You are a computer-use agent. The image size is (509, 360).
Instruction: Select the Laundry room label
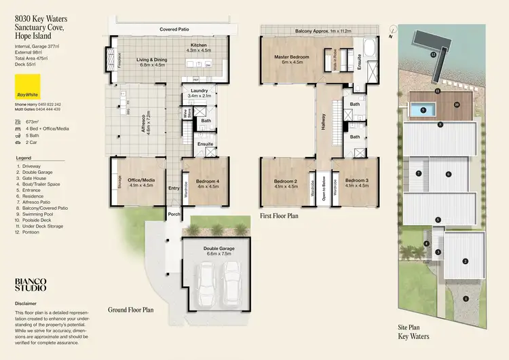[199, 93]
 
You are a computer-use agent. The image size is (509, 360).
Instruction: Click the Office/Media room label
[139, 181]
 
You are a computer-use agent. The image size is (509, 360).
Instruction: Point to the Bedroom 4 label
[208, 181]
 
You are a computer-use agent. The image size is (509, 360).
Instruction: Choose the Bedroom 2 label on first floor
[286, 182]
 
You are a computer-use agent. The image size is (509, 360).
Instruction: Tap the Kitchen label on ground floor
[199, 47]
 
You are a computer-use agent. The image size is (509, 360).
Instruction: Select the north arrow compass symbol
[394, 29]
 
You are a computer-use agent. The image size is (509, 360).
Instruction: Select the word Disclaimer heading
[28, 304]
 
